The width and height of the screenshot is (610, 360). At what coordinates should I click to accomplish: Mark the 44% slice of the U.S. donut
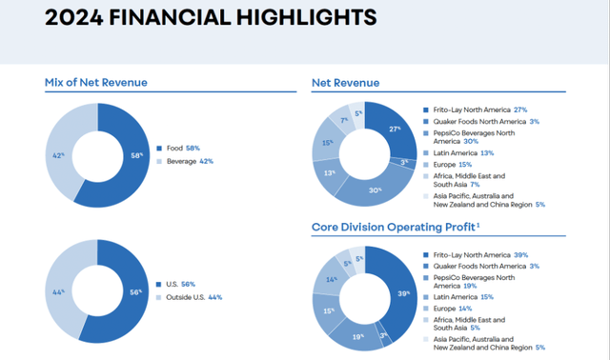click(x=60, y=290)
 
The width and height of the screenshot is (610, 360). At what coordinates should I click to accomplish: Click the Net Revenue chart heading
click(x=345, y=83)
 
